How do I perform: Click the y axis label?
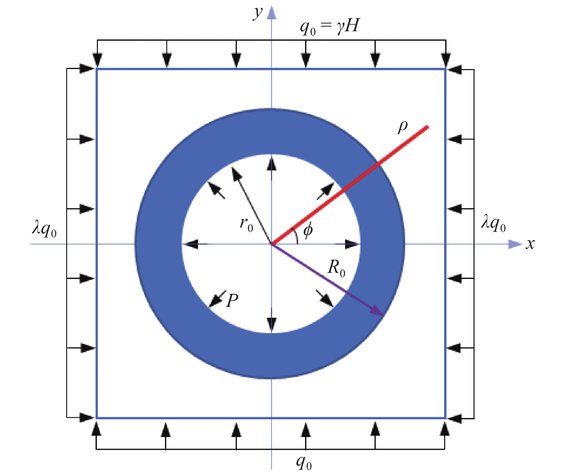258,13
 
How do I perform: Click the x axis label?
530,244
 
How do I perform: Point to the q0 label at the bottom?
304,462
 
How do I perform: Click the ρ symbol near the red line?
403,126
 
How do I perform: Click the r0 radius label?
246,224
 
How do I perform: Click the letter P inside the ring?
232,300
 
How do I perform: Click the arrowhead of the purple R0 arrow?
378,312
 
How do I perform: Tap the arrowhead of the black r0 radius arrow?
236,173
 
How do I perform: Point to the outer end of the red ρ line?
428,126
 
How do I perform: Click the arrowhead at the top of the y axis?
272,13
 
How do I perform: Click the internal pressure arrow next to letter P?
217,299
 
